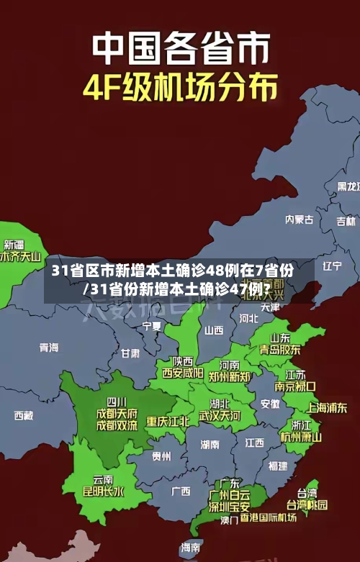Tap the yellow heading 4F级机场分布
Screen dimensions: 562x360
[180, 88]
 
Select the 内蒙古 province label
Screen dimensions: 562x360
[299, 199]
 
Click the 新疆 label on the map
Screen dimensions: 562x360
[14, 225]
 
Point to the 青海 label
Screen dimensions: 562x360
[49, 348]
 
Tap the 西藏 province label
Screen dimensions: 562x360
[24, 415]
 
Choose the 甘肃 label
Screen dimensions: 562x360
[130, 353]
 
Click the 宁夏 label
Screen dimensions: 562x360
[152, 326]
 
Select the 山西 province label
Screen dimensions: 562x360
[214, 330]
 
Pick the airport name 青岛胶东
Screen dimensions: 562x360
[280, 350]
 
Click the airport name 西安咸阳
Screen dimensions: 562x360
[181, 373]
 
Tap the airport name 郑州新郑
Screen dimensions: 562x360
[229, 376]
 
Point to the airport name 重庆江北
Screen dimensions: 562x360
[168, 420]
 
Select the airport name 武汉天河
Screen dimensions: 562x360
[220, 416]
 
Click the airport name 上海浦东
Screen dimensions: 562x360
[328, 407]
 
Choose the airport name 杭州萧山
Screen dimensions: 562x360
[301, 436]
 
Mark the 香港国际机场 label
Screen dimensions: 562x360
[268, 517]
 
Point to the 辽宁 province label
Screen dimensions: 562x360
[332, 266]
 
